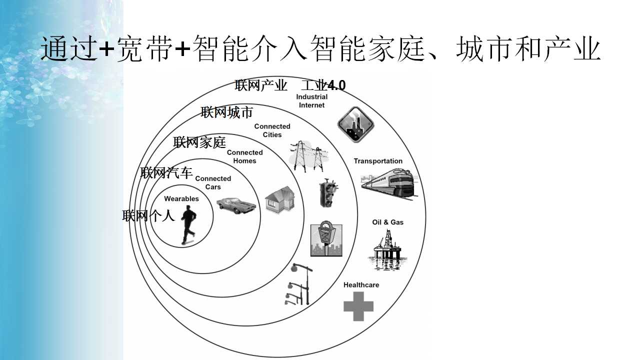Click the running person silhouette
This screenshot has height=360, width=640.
[x=188, y=225]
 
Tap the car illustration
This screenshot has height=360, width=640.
[x=236, y=205]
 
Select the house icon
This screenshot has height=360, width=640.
[x=280, y=199]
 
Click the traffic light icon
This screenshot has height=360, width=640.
[x=327, y=193]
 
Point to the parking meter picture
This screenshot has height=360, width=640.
[x=326, y=238]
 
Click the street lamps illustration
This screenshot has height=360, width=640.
[x=298, y=284]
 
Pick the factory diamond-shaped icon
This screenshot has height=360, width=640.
[x=355, y=124]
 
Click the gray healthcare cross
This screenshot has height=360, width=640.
[x=358, y=306]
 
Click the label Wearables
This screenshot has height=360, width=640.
[x=181, y=199]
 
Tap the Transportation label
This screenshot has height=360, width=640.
[x=378, y=161]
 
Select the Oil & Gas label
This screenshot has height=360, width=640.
[x=387, y=222]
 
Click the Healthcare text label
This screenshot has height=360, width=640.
[x=361, y=285]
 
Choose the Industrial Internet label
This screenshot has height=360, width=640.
[x=311, y=101]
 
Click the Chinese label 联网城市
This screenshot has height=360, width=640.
[x=226, y=112]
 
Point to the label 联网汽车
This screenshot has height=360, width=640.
[x=166, y=173]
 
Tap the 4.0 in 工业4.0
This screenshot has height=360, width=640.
[x=336, y=85]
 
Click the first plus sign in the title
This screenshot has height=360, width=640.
[x=106, y=48]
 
